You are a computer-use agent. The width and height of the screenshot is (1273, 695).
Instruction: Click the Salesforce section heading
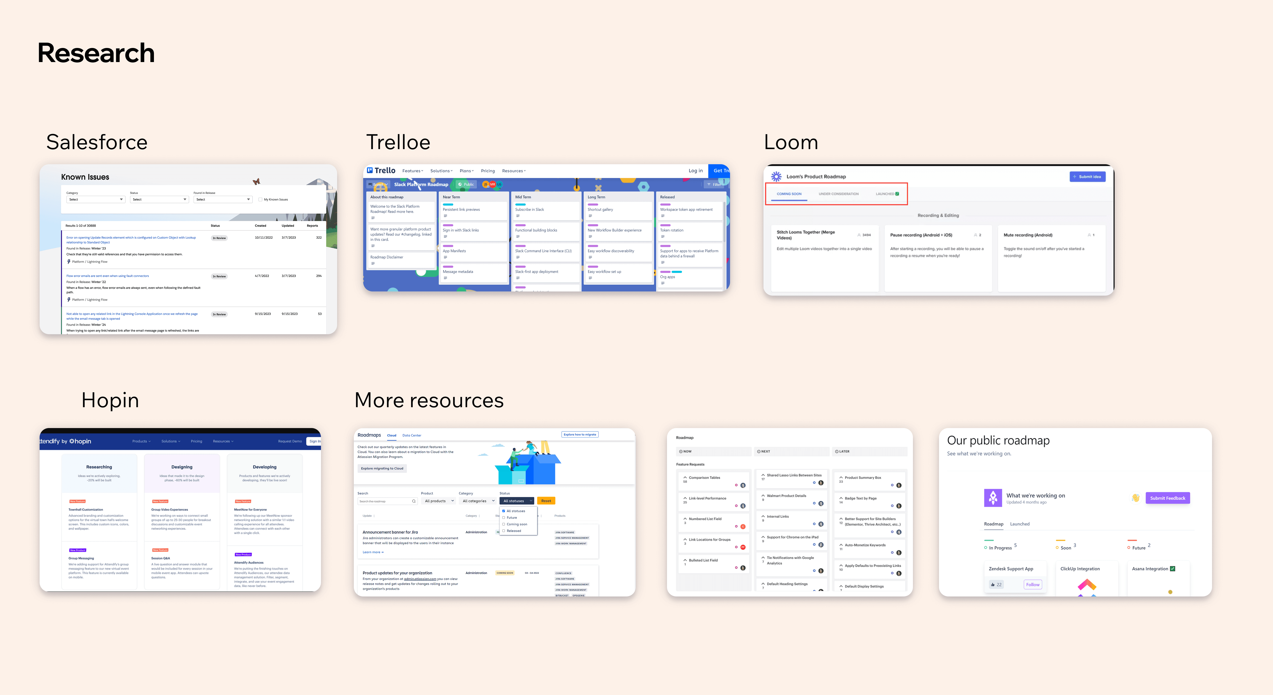point(97,142)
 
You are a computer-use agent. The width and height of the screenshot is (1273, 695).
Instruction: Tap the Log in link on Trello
point(695,170)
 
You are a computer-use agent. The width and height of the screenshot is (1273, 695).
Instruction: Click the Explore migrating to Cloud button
point(382,468)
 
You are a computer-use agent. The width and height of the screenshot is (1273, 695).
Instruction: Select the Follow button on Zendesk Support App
point(1032,584)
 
